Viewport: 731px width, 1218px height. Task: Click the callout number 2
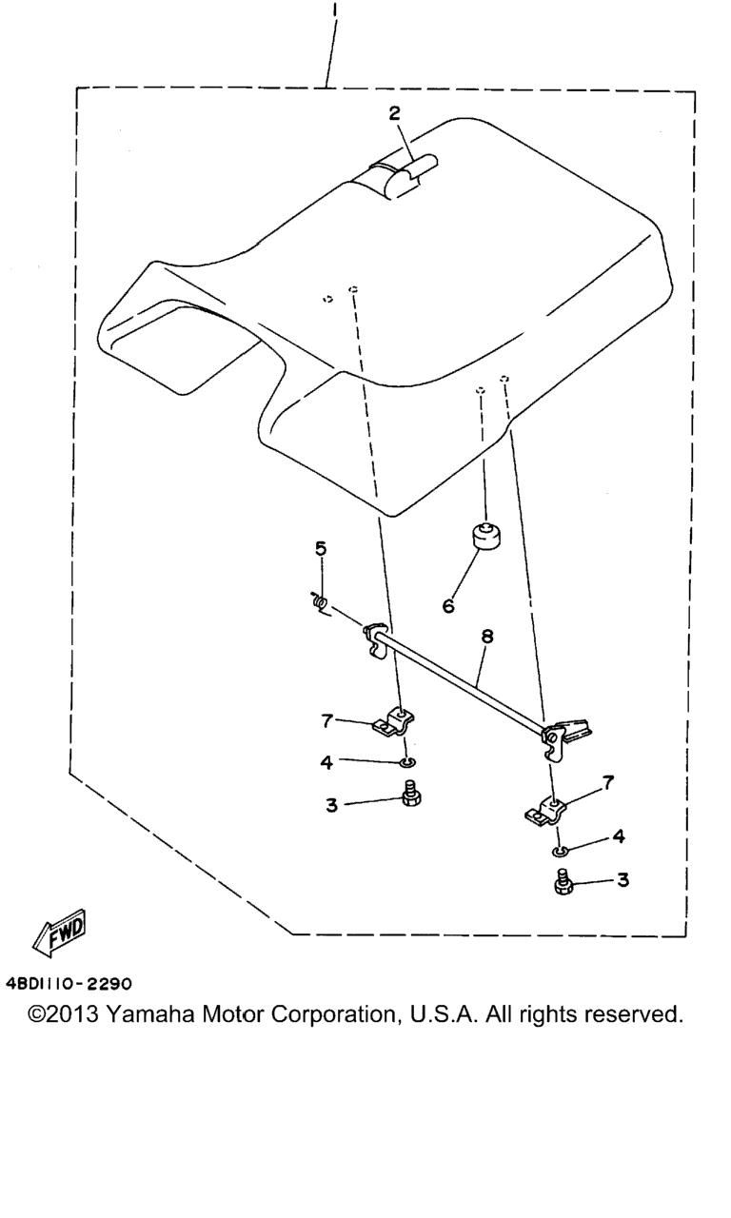(394, 112)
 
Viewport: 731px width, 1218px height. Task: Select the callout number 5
(321, 548)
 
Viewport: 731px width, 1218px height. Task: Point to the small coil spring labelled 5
(318, 602)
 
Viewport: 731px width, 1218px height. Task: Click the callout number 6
(448, 606)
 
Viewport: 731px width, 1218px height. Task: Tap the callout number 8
(487, 636)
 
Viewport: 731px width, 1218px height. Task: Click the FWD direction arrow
(59, 934)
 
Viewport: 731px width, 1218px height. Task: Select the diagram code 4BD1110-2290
(69, 984)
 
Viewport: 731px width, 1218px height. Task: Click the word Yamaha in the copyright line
(149, 1014)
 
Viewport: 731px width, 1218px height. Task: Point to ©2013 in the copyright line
(63, 1014)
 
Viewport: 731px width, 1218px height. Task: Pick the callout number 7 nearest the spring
(326, 721)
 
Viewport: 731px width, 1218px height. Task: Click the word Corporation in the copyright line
(334, 1014)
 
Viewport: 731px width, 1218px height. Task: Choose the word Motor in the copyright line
(232, 1014)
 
